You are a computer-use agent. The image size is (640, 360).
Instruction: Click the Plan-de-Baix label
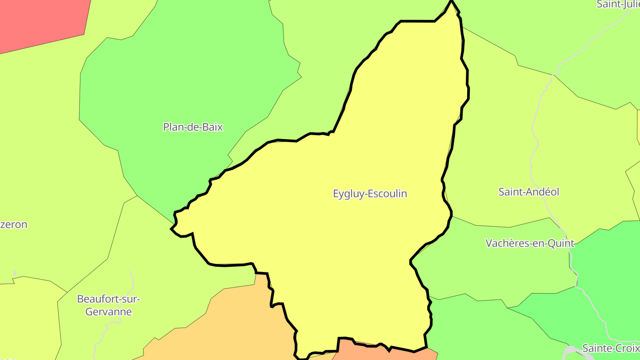point(193,127)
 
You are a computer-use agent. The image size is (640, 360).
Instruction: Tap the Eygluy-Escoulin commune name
point(370,194)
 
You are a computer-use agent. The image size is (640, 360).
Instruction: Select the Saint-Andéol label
point(528,192)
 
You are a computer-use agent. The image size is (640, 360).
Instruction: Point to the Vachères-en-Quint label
point(529,244)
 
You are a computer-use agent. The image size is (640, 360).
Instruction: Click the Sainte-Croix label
point(611,348)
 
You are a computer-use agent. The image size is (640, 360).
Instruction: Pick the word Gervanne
point(108,312)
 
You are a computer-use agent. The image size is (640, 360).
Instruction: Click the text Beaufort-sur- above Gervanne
point(108,299)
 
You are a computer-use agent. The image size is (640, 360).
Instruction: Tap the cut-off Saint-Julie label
point(618,4)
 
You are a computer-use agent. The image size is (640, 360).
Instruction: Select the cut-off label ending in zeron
point(14,224)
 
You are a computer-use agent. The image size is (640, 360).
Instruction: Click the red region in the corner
point(40,20)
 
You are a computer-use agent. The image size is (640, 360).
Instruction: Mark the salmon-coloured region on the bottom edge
point(382,353)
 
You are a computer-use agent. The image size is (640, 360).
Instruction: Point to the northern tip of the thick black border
point(452,2)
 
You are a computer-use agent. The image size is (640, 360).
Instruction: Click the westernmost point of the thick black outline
point(172,229)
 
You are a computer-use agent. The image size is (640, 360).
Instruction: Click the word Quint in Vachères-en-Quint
point(561,244)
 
